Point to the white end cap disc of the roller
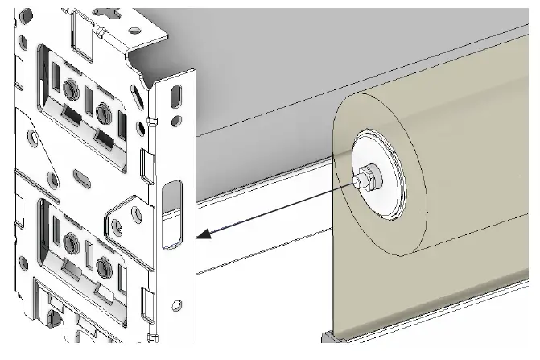[378, 173]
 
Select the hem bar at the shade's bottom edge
[427, 339]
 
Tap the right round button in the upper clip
[101, 110]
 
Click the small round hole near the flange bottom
[177, 305]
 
